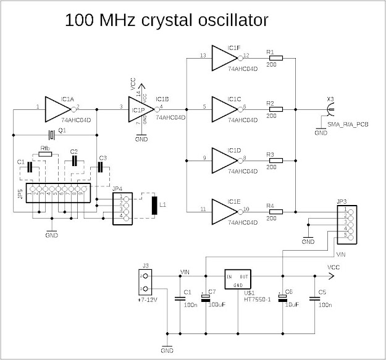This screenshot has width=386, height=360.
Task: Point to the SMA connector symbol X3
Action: coord(331,110)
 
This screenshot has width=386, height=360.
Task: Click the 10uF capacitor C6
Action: coord(282,299)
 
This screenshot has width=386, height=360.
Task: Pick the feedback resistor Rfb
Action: coord(46,154)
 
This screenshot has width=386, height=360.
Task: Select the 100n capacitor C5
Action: coord(314,299)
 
